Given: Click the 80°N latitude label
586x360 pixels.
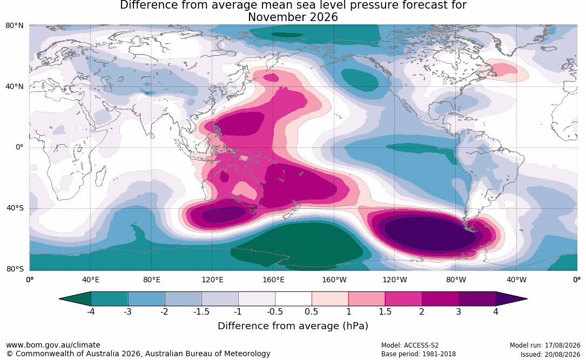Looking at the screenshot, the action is click(x=14, y=25).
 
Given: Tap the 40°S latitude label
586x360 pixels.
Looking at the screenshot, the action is click(x=15, y=208).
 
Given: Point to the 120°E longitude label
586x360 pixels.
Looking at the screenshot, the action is click(x=212, y=280).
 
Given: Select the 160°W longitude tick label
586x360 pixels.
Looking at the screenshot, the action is click(x=334, y=280).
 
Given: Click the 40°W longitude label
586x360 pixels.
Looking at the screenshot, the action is click(x=516, y=280).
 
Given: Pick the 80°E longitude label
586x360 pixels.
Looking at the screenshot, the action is click(x=151, y=280).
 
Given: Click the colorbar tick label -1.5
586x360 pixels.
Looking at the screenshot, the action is click(x=201, y=312).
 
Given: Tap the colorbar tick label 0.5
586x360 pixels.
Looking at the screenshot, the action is click(x=311, y=312).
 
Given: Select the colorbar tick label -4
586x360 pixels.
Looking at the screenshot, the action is click(x=91, y=312).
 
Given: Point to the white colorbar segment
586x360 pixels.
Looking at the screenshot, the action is click(x=293, y=299).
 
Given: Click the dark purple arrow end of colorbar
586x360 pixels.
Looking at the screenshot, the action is click(x=511, y=299).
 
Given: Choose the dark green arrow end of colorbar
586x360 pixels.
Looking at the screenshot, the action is click(x=75, y=299).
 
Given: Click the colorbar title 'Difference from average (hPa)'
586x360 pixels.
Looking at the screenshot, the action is click(x=293, y=326).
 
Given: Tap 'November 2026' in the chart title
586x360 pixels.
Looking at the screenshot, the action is click(x=293, y=17).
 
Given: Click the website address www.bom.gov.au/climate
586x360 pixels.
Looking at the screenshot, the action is click(x=53, y=345).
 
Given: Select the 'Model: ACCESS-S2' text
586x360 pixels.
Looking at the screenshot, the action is click(x=409, y=345).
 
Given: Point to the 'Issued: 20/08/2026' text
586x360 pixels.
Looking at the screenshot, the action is click(x=550, y=354).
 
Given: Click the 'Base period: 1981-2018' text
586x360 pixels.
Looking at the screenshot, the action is click(x=418, y=354).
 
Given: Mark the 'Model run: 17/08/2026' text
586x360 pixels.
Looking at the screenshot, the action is click(x=545, y=345).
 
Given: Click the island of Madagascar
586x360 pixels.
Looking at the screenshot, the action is click(x=100, y=176).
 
